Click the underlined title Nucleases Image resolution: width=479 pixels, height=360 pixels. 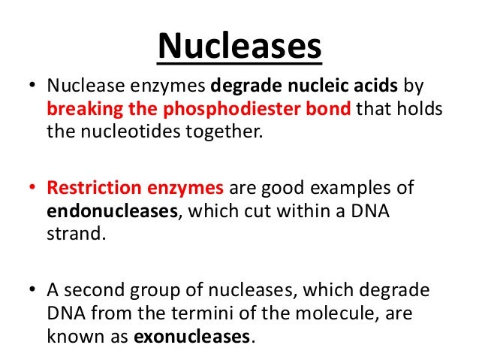click(x=239, y=47)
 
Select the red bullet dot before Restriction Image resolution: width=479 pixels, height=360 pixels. click(x=34, y=186)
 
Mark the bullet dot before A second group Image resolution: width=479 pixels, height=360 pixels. click(x=34, y=287)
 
